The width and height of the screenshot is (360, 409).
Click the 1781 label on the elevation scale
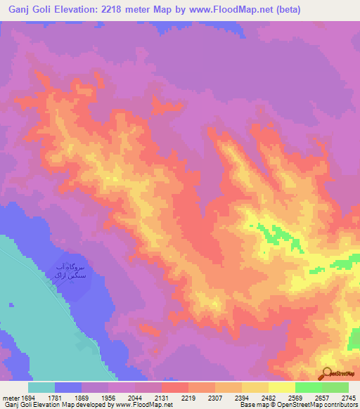tap(55, 397)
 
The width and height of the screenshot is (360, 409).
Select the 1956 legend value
tap(108, 397)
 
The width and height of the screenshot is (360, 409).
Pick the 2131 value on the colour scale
tap(161, 397)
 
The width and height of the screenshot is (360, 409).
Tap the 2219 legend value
tap(188, 397)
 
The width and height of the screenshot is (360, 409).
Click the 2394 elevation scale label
tap(242, 397)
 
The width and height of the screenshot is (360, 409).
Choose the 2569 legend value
tap(295, 397)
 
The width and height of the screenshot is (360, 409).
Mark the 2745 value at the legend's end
tap(349, 397)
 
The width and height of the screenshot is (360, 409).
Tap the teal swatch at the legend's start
tap(41, 387)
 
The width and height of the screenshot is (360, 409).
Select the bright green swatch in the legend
tap(308, 387)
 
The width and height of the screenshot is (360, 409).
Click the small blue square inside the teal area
tap(11, 305)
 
